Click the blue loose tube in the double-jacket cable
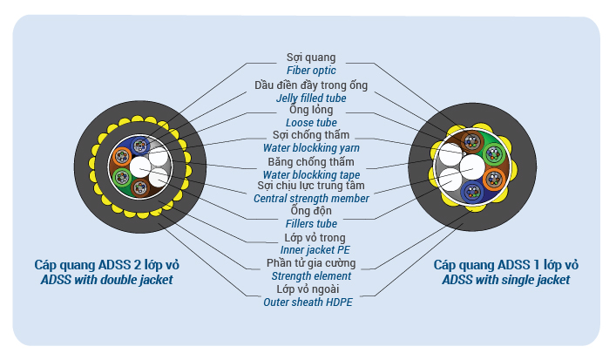point(140,146)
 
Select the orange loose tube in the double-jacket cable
point(122,157)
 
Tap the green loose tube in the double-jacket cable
point(122,178)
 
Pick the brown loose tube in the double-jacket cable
point(140,188)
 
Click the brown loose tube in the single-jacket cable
point(472,142)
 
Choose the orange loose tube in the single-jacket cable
point(494,180)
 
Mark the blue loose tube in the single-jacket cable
point(472,192)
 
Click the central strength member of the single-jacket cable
point(472,167)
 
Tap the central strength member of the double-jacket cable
point(140,167)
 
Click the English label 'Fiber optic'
point(311,71)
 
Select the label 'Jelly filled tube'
point(311,98)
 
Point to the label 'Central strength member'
point(311,199)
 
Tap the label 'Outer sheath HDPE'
point(308,302)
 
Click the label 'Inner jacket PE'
point(315,250)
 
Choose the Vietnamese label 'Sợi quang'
point(311,58)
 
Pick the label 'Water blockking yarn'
point(311,148)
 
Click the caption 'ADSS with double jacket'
point(107,280)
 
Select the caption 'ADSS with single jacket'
point(506,280)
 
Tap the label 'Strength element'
point(311,276)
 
